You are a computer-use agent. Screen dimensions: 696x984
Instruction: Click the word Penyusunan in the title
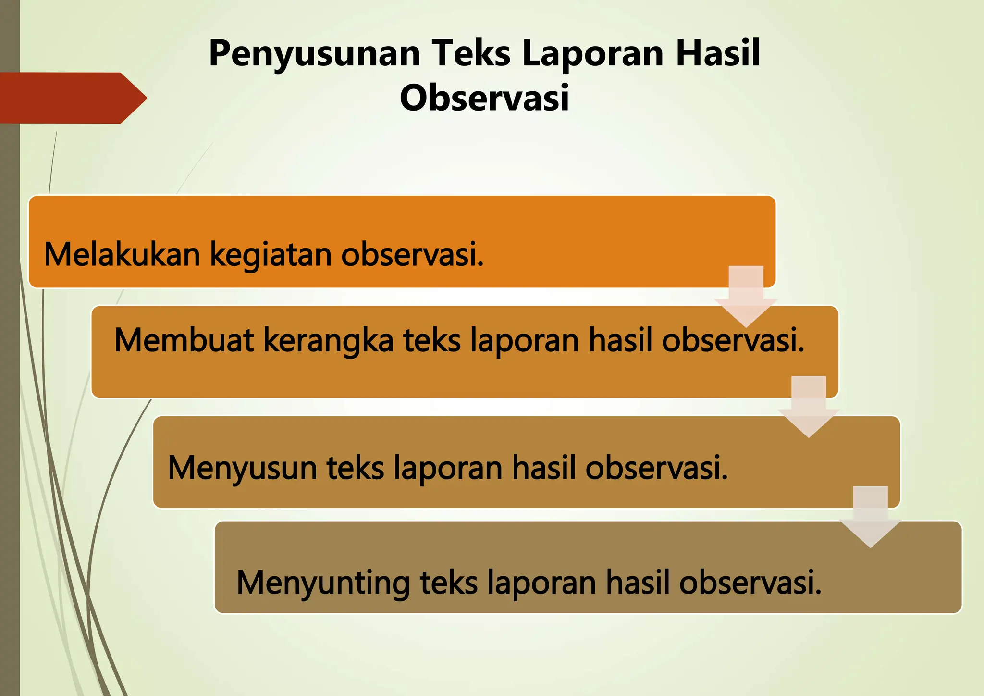(315, 54)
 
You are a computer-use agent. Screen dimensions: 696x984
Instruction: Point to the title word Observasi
(484, 98)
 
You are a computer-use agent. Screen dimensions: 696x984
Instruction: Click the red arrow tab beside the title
(72, 98)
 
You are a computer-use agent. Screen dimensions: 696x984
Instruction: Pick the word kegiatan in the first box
(271, 255)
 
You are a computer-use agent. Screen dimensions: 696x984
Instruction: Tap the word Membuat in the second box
(184, 340)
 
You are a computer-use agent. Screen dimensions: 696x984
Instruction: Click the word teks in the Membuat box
(432, 340)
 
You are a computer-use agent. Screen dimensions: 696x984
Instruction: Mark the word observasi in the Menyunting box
(750, 583)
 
